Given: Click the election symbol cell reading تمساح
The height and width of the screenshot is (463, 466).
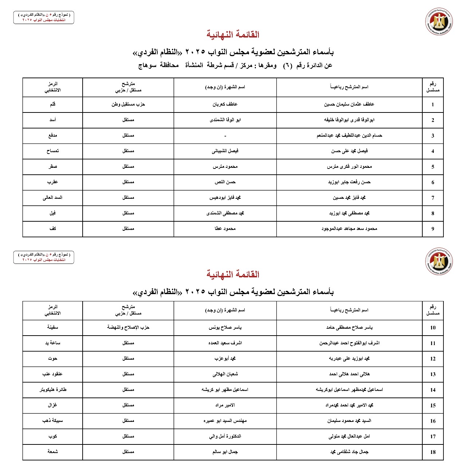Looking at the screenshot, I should (52, 151).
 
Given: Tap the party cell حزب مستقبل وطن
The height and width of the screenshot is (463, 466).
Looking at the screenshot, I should (128, 104).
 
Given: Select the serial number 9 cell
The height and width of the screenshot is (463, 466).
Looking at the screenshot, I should (433, 229).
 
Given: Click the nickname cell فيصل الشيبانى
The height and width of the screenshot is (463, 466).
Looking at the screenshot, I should (225, 151).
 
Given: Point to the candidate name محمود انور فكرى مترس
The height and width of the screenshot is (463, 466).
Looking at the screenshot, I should (349, 167).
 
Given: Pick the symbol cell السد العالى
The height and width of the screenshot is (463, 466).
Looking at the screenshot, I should (52, 198).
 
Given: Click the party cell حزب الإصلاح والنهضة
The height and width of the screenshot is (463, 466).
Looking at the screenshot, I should (128, 327).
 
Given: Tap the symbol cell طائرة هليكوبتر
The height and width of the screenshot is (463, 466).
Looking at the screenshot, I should (52, 389).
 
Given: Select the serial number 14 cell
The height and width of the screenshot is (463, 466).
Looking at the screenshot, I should (433, 390).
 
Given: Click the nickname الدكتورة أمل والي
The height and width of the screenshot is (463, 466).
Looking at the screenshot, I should (225, 436).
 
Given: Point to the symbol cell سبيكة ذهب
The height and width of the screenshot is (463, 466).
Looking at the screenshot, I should (52, 420).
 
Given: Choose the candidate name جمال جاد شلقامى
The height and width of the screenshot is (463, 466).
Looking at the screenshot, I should (349, 452).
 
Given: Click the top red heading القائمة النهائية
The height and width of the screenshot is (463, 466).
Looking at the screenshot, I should (233, 35).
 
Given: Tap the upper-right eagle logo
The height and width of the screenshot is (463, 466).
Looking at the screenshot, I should (439, 21).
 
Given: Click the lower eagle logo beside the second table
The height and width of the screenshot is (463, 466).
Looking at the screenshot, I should (439, 261).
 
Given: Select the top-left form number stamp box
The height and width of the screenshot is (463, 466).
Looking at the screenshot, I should (44, 17).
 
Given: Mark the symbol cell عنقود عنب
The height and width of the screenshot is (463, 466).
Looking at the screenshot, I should (52, 374).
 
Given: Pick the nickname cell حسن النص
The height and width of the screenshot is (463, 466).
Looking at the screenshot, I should (225, 182).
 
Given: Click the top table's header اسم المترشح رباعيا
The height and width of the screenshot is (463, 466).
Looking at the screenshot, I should (349, 87).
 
